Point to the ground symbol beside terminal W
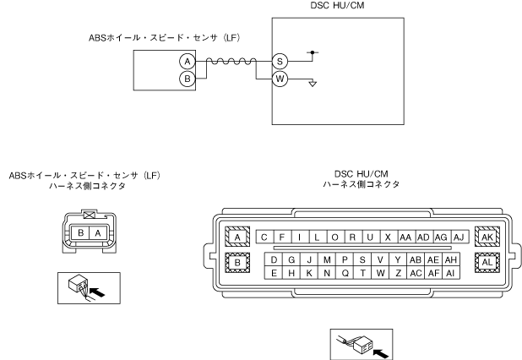click(x=313, y=85)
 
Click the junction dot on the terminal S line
click(x=313, y=52)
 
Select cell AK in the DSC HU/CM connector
click(x=488, y=237)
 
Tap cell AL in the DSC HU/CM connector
click(x=488, y=263)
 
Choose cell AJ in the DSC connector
click(x=459, y=237)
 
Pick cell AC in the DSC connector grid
click(x=416, y=273)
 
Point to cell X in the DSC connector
click(x=387, y=237)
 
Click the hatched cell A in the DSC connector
click(x=237, y=237)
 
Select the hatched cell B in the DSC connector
click(x=237, y=263)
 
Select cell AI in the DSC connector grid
click(x=452, y=273)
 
